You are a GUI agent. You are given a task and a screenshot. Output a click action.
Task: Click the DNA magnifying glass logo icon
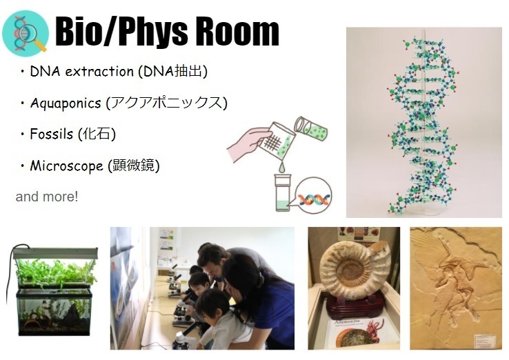pyautogui.click(x=26, y=33)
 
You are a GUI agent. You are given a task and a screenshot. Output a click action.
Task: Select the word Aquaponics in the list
pyautogui.click(x=66, y=103)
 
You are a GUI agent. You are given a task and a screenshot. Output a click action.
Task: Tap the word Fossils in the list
pyautogui.click(x=51, y=134)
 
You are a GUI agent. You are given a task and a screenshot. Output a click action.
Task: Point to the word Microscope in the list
pyautogui.click(x=66, y=166)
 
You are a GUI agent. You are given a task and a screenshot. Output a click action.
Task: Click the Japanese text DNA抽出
pyautogui.click(x=172, y=71)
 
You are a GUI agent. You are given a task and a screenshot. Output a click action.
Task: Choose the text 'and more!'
pyautogui.click(x=47, y=197)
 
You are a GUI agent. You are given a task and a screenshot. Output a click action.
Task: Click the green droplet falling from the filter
pyautogui.click(x=281, y=167)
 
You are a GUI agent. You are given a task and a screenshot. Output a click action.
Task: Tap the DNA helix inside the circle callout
pyautogui.click(x=314, y=199)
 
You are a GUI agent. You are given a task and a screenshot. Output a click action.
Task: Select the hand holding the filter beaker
pyautogui.click(x=248, y=143)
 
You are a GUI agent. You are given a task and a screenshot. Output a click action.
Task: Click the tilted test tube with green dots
pyautogui.click(x=310, y=128)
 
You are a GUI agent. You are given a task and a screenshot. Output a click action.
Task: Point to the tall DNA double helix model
pyautogui.click(x=423, y=125)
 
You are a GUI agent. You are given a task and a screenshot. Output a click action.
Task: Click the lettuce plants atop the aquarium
pyautogui.click(x=55, y=272)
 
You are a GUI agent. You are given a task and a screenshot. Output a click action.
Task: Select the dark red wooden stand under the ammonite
pyautogui.click(x=355, y=305)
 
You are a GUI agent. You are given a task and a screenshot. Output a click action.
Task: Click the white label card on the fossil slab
pyautogui.click(x=486, y=341)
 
